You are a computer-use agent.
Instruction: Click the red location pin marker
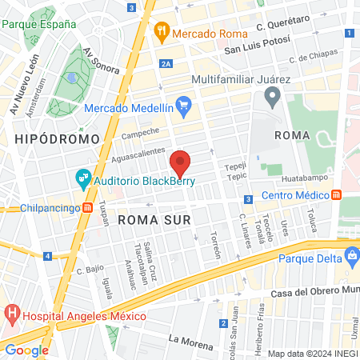[x=181, y=163]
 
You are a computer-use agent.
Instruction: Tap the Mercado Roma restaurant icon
[x=162, y=34]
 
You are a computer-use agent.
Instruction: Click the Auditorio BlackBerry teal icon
[x=82, y=180]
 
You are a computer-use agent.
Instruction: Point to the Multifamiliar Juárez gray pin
[x=272, y=98]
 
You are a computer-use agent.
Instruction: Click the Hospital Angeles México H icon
[x=11, y=312]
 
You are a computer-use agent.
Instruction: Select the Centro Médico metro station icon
[x=337, y=194]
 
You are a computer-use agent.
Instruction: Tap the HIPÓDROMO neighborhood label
[x=45, y=139]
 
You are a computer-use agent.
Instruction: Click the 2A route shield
[x=166, y=63]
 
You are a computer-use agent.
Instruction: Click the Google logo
[x=26, y=350]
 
